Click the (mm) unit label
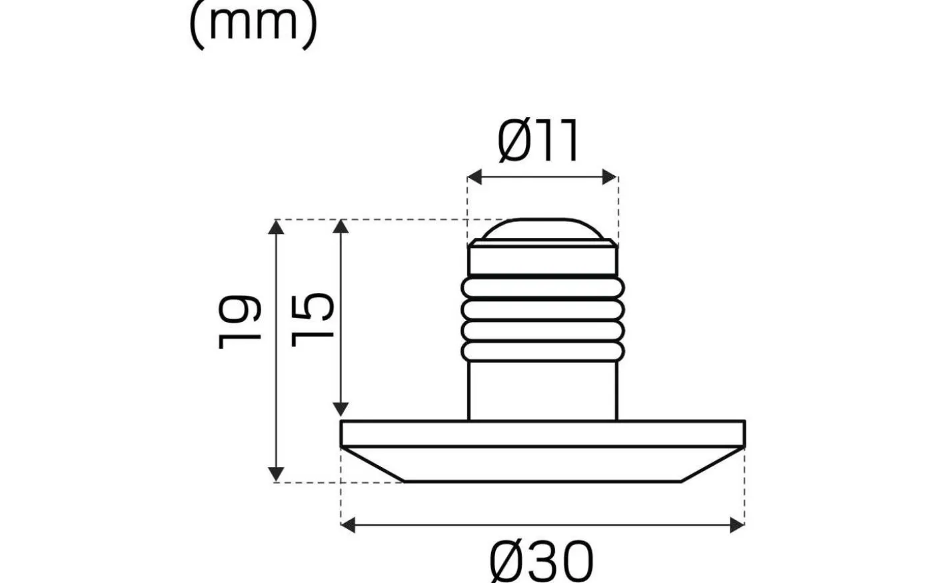click(x=253, y=25)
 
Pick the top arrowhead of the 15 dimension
click(x=341, y=227)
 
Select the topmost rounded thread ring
click(x=542, y=289)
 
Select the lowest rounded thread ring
click(x=542, y=352)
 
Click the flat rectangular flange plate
click(x=542, y=434)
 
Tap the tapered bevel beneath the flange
click(x=542, y=464)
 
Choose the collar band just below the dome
click(x=542, y=260)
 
